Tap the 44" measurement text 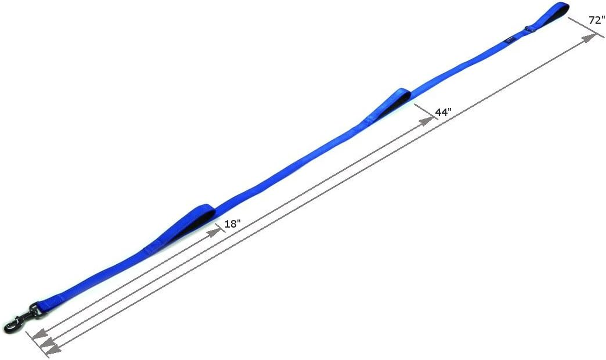point(443,112)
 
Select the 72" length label point(597,20)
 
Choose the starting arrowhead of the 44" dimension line point(46,343)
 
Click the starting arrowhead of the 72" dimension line point(53,349)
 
